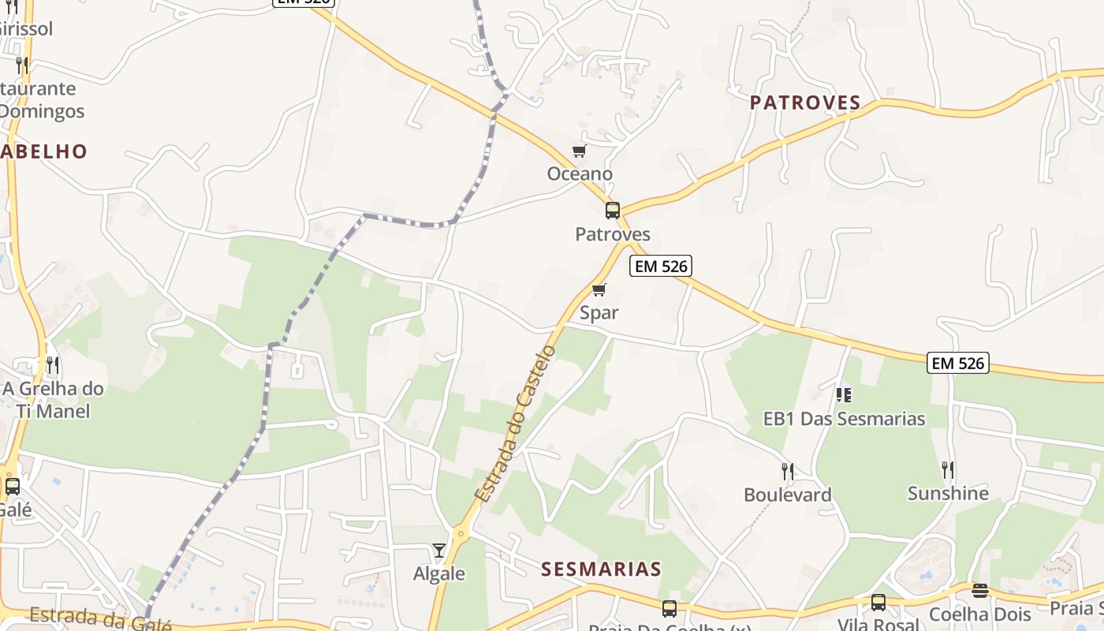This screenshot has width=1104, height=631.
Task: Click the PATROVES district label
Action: point(805,103)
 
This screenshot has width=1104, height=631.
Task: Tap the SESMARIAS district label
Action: point(601,569)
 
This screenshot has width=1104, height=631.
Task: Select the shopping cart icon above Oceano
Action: point(580,151)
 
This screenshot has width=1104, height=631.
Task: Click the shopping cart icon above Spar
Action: point(599,289)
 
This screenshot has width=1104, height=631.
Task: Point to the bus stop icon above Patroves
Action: point(613,211)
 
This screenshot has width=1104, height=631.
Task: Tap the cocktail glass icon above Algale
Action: point(439,550)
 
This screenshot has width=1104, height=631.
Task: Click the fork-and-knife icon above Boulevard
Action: point(788,472)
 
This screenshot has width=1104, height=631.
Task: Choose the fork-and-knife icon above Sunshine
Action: point(948,470)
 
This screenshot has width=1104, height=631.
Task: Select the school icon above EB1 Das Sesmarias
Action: point(844,394)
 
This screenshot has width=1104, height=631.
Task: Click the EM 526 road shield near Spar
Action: point(661,267)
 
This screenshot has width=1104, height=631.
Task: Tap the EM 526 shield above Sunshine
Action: point(958,363)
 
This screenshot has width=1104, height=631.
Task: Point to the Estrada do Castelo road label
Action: point(517,424)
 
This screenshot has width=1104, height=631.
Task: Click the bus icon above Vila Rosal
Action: point(878,603)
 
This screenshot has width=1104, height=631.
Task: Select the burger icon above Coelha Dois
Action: point(980,591)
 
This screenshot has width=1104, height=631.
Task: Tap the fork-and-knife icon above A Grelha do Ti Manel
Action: point(53,364)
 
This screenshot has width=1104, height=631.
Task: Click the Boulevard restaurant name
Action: point(788,495)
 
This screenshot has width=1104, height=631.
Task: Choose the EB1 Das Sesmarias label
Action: point(844,419)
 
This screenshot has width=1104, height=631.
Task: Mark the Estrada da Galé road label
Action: point(100,619)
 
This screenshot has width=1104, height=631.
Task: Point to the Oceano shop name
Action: point(580,174)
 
